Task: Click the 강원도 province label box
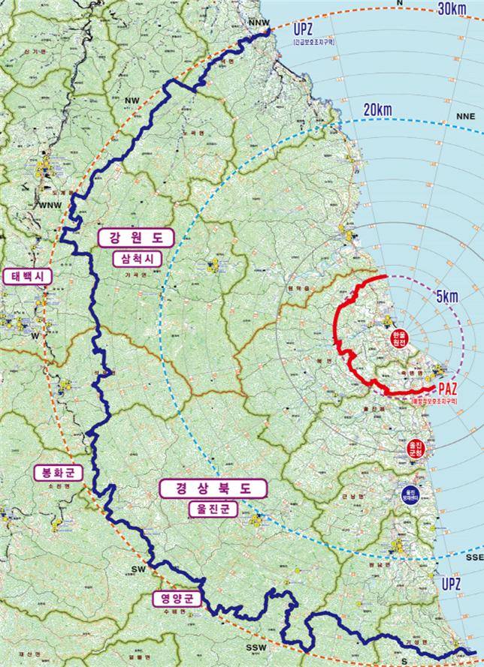136,238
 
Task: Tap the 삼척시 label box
136,259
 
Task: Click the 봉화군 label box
53,473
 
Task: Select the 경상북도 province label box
213,488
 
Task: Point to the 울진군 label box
213,509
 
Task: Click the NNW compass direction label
257,23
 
